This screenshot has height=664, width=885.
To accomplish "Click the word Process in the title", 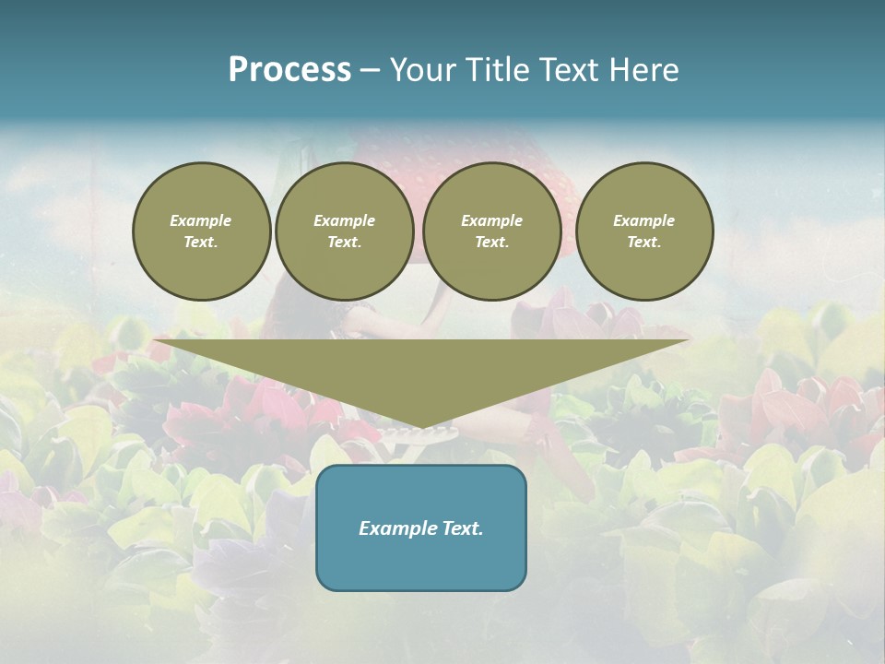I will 289,70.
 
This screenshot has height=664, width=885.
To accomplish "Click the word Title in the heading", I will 495,70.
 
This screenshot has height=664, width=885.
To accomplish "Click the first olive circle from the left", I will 202,231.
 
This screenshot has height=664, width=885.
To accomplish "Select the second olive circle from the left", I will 345,231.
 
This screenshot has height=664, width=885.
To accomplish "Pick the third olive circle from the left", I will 492,231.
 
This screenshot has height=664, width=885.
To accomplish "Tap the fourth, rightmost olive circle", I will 644,231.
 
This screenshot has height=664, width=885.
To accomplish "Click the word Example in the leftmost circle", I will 201,220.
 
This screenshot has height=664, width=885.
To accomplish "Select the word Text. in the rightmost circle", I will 644,243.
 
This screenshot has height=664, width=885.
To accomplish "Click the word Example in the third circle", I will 492,220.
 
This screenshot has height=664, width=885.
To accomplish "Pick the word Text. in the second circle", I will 345,243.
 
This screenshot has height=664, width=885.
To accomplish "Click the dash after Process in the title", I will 371,71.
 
